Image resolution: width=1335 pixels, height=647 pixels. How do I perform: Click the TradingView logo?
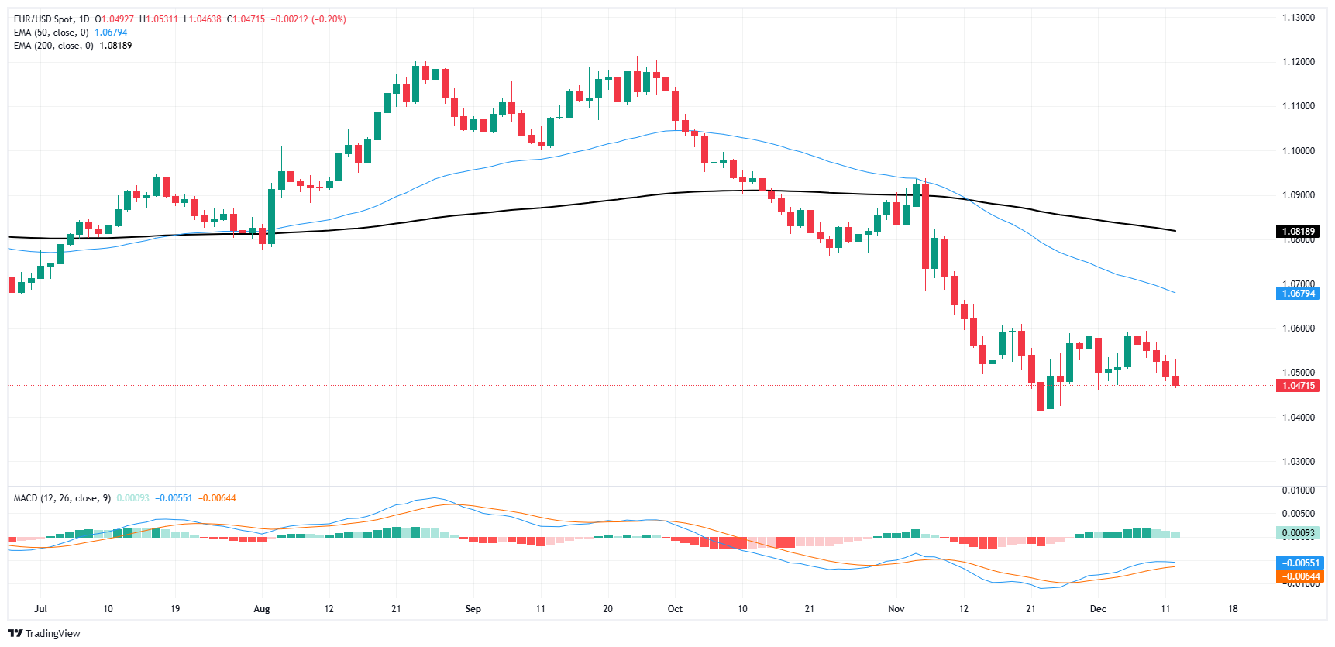44,633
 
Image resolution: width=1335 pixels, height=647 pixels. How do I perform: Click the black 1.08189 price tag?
1298,231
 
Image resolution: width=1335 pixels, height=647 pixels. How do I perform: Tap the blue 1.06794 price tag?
1298,293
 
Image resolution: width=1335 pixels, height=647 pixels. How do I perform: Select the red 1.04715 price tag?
1298,385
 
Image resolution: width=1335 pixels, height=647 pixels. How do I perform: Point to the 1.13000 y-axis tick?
1298,17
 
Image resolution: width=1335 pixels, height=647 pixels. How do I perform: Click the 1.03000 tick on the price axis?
1298,461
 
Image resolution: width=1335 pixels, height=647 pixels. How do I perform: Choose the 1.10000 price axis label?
1298,150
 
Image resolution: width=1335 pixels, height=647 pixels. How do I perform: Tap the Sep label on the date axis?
473,609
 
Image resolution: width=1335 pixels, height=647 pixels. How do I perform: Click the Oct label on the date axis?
675,609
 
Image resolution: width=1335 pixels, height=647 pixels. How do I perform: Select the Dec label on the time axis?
1098,609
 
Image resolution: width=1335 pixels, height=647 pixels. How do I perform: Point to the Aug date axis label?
262,609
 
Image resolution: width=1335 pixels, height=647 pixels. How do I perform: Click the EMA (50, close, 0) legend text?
51,33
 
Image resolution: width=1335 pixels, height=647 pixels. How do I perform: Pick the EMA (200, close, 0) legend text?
53,46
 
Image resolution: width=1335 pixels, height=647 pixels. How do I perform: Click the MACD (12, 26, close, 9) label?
62,498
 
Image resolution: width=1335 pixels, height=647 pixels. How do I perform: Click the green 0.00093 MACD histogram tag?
1298,532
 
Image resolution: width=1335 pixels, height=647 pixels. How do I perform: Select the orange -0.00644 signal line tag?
1298,576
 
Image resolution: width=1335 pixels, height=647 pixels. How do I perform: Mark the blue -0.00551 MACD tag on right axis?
1298,563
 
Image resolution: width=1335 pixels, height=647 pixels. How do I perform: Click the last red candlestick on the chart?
1175,380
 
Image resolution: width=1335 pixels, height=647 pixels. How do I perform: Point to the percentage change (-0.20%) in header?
329,19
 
